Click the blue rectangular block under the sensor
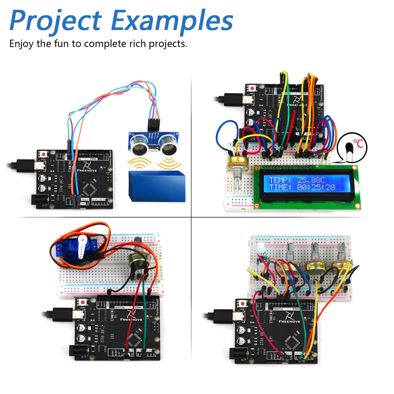click(157, 186)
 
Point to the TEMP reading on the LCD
click(297, 180)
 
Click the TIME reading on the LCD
click(302, 187)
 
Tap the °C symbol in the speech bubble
click(358, 144)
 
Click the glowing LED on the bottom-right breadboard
click(261, 246)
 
